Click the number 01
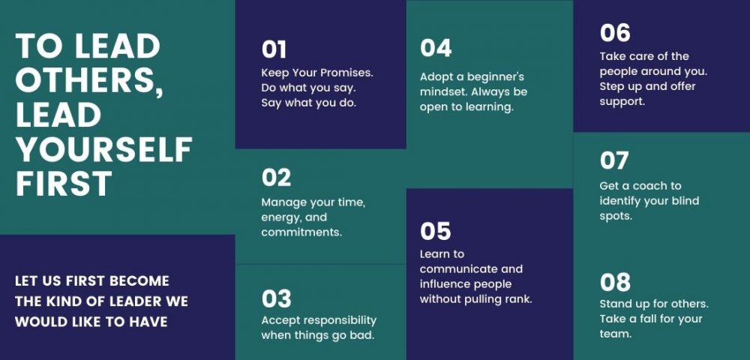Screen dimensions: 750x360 [x=274, y=49]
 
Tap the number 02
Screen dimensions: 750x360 [x=276, y=178]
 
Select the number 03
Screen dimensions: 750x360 [x=276, y=299]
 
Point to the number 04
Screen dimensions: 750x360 [x=436, y=48]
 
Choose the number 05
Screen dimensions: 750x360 [x=435, y=232]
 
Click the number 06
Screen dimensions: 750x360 [x=615, y=33]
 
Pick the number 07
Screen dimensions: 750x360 [x=614, y=160]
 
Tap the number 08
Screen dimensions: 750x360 [x=615, y=283]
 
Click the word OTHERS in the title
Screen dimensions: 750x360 [x=89, y=79]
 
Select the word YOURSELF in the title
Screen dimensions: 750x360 [x=103, y=148]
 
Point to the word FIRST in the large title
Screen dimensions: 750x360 [x=64, y=184]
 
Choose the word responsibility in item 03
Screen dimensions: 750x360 [x=340, y=321]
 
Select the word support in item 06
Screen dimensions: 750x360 [x=622, y=102]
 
